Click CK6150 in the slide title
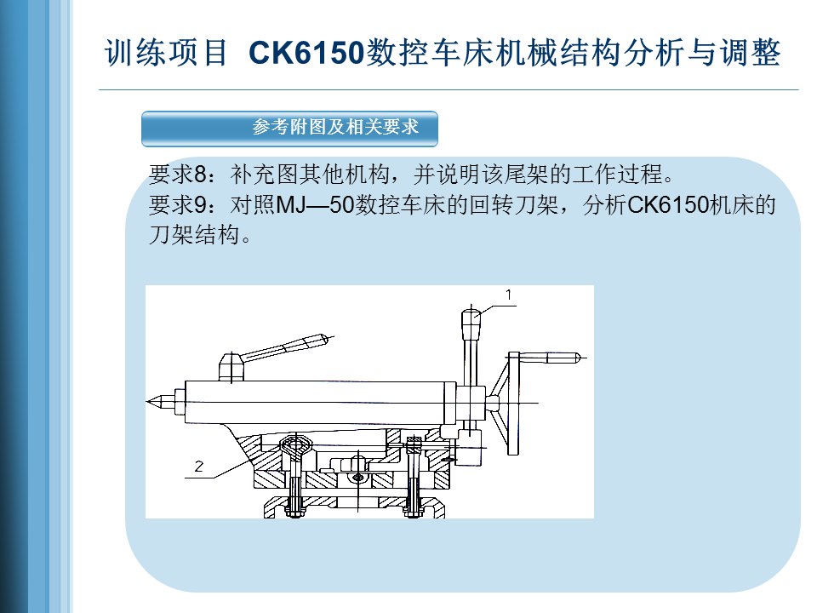click(x=306, y=53)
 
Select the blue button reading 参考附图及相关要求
click(x=289, y=129)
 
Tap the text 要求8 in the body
click(x=178, y=174)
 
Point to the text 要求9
click(x=178, y=205)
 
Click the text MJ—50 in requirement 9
click(x=315, y=205)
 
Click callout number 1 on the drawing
click(x=509, y=295)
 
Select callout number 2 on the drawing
click(x=198, y=466)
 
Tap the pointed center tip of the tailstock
click(x=149, y=401)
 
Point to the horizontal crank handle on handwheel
click(x=551, y=358)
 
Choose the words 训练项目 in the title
click(x=166, y=53)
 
